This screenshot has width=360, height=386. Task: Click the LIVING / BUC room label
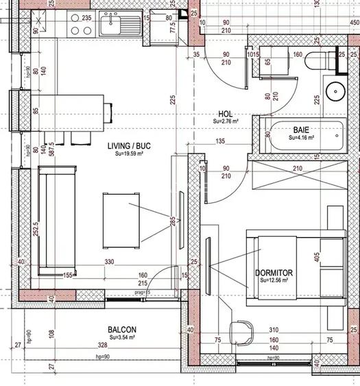click(x=129, y=146)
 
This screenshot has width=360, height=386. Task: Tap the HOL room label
click(x=225, y=114)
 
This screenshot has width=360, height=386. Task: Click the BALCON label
click(x=121, y=330)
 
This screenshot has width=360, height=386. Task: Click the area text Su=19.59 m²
click(x=129, y=154)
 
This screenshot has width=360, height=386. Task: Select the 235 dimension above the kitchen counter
click(x=86, y=19)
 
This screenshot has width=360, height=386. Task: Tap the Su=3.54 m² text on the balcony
click(x=121, y=337)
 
